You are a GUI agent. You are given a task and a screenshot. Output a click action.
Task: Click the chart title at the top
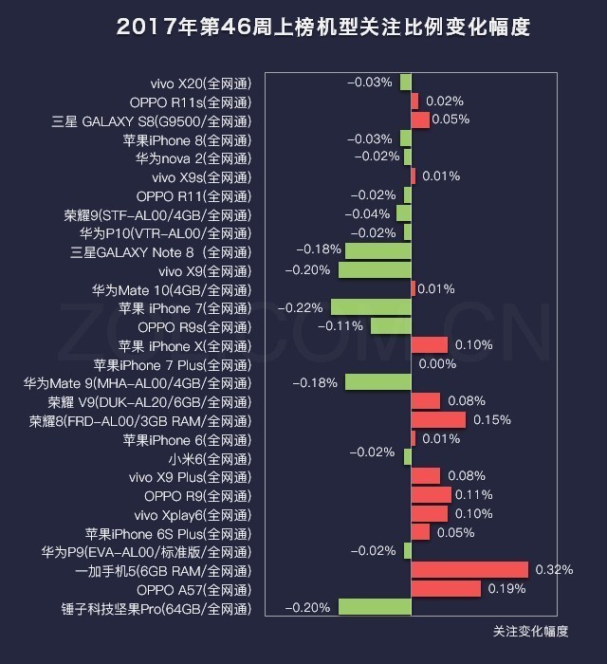point(323,28)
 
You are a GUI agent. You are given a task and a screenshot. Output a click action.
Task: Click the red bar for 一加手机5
point(469,570)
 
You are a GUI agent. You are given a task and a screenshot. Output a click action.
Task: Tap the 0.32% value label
point(554,570)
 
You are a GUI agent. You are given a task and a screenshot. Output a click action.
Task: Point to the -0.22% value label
point(301,307)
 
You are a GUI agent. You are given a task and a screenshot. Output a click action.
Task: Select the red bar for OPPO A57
point(447,589)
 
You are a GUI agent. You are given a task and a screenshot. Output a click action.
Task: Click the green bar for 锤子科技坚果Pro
point(375,608)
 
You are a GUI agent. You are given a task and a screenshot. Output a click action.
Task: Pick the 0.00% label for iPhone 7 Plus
point(437,364)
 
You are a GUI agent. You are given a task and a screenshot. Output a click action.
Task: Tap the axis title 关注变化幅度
point(530,631)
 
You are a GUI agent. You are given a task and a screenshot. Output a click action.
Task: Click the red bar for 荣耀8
point(438,420)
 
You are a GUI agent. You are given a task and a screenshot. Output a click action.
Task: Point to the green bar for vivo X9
point(375,270)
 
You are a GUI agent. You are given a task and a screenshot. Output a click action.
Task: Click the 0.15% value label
point(491,420)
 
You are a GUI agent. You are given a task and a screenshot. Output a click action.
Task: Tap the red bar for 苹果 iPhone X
point(430,345)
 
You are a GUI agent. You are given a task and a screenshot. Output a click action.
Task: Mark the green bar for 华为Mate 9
point(377,382)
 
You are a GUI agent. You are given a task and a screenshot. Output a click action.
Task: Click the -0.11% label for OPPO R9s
point(342,326)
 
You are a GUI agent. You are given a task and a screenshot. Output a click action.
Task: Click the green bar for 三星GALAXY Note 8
point(377,251)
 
